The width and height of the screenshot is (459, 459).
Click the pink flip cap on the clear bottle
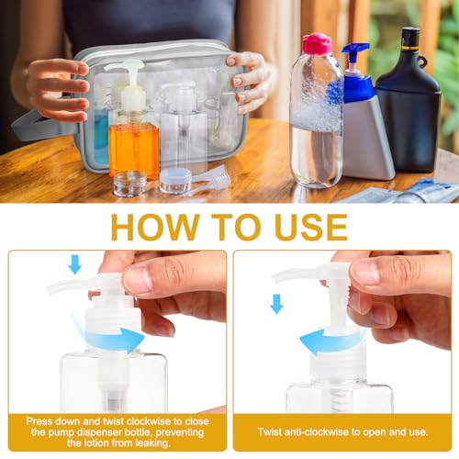click(x=317, y=44)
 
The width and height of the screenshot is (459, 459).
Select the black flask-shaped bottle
click(x=409, y=101)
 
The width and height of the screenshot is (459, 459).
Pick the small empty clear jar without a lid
click(x=130, y=184)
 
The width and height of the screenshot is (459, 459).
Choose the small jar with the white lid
click(x=175, y=181)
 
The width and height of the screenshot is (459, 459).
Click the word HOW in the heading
click(x=155, y=227)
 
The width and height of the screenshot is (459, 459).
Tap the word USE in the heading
click(x=311, y=227)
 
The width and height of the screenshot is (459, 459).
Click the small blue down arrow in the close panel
click(x=75, y=264)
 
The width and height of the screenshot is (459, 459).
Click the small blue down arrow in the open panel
click(x=276, y=304)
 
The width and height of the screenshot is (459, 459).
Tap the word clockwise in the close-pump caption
click(x=148, y=421)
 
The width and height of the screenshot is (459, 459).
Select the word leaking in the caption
click(x=152, y=443)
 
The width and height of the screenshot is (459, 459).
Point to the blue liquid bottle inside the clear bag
click(x=101, y=135)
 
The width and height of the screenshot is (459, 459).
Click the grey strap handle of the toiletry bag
click(x=43, y=126)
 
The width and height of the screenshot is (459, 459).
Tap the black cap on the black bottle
click(x=410, y=39)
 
